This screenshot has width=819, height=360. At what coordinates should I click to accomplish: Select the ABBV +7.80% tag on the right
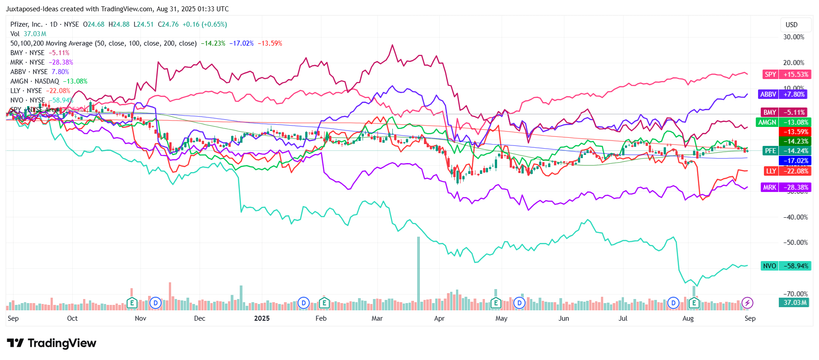[x=782, y=94]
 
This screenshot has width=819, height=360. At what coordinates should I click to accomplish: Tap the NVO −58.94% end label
[x=786, y=266]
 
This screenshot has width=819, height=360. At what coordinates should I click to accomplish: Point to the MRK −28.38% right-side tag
[x=786, y=187]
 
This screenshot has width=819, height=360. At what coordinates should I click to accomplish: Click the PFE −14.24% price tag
[x=786, y=151]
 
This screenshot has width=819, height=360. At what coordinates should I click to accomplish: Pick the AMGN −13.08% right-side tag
[x=783, y=122]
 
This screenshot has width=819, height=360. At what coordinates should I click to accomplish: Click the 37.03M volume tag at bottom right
[x=795, y=303]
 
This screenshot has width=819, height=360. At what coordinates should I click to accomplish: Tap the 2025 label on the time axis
[x=262, y=318]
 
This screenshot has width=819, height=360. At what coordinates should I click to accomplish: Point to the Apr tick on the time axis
[x=439, y=318]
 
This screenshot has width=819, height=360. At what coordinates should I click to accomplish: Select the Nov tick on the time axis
[x=140, y=318]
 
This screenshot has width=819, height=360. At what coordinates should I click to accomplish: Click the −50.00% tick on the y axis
[x=796, y=243]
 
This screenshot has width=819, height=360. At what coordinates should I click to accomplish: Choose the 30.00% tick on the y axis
[x=794, y=37]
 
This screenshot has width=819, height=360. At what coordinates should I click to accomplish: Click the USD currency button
[x=791, y=25]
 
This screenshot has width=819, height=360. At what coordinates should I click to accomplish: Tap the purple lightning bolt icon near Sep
[x=747, y=303]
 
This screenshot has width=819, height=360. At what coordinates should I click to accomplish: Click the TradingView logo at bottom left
[x=51, y=343]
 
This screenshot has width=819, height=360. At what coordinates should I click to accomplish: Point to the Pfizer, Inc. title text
[x=26, y=24]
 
